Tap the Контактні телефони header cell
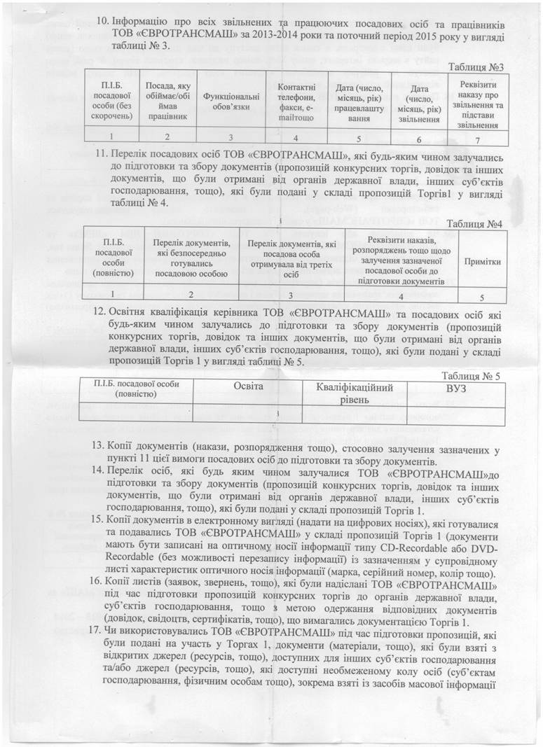pos(291,101)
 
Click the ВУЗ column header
pos(456,387)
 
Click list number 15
pos(98,524)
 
